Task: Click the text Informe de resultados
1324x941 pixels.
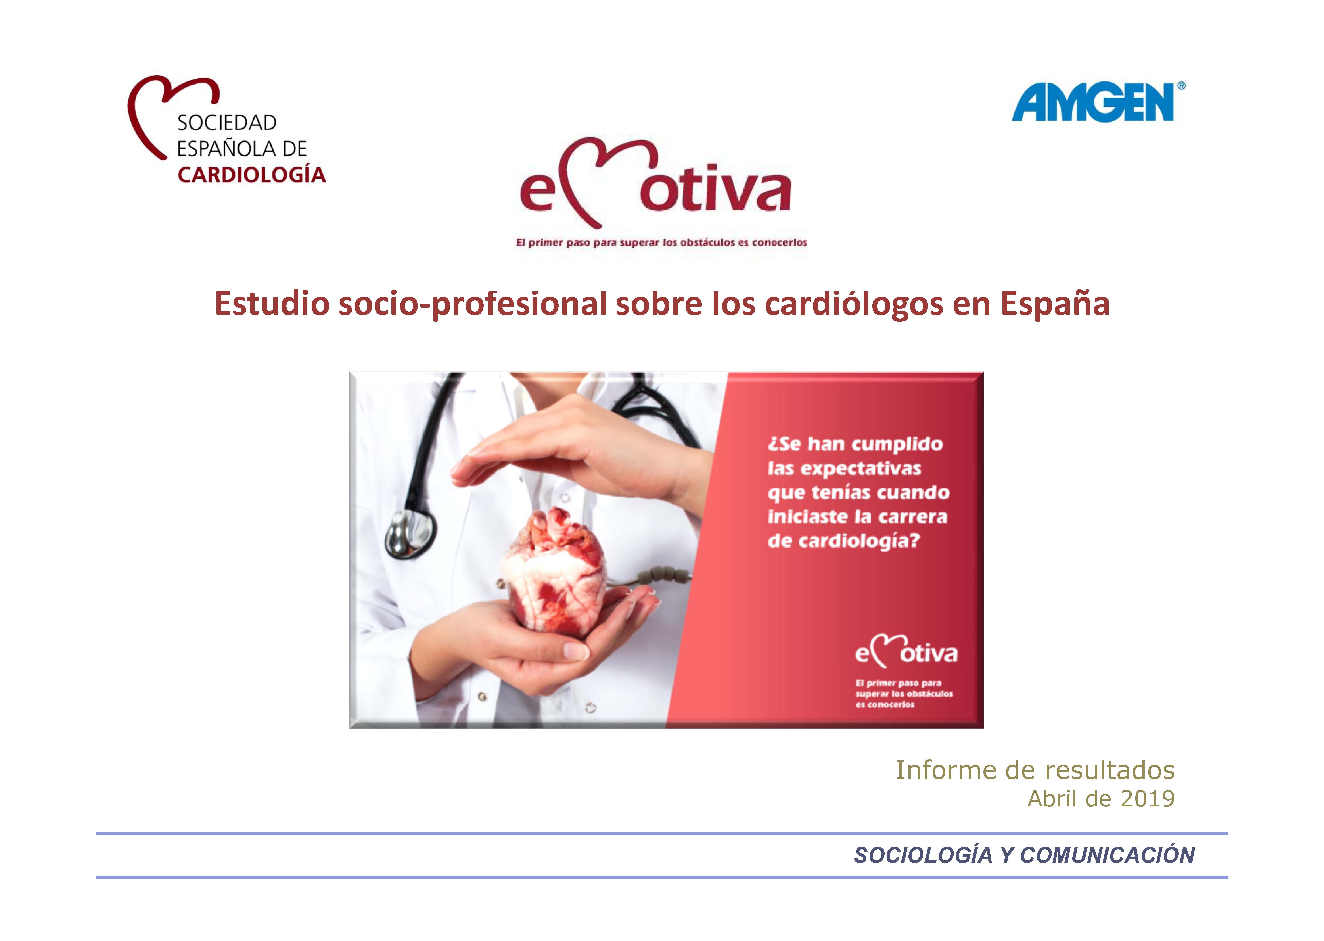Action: pos(1035,770)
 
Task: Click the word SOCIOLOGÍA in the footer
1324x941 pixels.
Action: pos(923,855)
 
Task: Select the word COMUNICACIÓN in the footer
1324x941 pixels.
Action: pos(1107,855)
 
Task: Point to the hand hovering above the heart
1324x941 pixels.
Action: pos(580,452)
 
